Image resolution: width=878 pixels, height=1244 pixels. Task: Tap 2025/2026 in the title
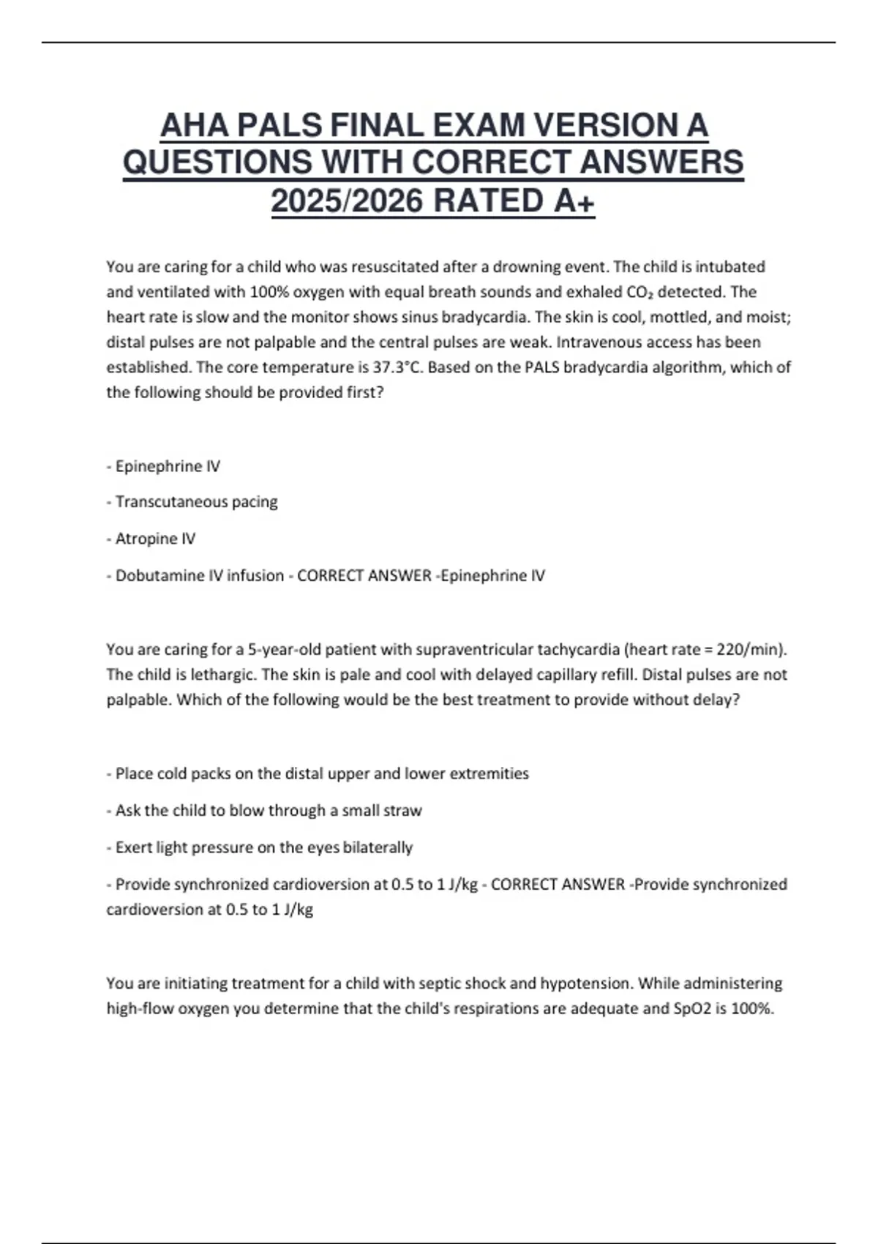(346, 201)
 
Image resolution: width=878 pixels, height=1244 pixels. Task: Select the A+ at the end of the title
(574, 201)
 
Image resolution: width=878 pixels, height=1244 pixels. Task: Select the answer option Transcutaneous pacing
(196, 502)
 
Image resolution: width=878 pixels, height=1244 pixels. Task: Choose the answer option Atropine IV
(155, 539)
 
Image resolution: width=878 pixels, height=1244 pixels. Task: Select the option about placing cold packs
(322, 773)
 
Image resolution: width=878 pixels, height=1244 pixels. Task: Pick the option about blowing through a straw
(269, 811)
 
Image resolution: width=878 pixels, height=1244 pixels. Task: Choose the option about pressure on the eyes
(264, 847)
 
